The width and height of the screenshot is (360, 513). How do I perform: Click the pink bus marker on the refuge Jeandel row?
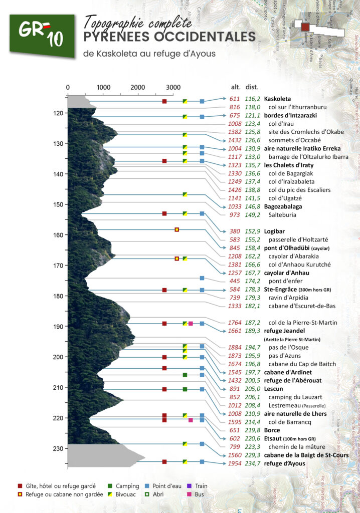(x=191, y=324)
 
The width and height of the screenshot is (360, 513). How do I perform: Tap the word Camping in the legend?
(x=127, y=486)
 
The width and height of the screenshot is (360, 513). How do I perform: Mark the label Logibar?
(x=275, y=231)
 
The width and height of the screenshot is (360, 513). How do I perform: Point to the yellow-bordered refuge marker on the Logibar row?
(x=176, y=229)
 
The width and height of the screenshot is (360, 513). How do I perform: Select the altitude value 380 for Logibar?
(x=235, y=231)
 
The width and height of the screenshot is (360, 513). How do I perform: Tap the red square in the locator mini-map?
(x=305, y=27)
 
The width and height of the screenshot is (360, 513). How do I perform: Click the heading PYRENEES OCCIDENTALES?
(x=169, y=37)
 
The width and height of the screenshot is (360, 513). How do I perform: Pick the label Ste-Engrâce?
(x=281, y=290)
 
